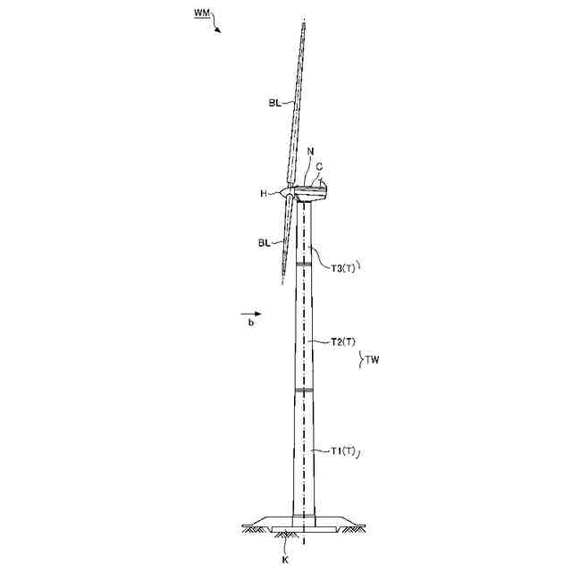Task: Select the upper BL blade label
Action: click(x=274, y=104)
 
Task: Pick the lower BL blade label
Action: click(x=265, y=241)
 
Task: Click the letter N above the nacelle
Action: click(x=309, y=153)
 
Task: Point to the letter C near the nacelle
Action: click(x=318, y=166)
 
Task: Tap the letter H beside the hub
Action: click(x=265, y=193)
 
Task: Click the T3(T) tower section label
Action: click(x=343, y=267)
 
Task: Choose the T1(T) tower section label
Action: click(x=343, y=450)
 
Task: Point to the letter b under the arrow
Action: click(x=251, y=323)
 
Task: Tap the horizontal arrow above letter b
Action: click(x=251, y=314)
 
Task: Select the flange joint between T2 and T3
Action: click(x=303, y=264)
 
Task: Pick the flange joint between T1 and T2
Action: click(x=303, y=391)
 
